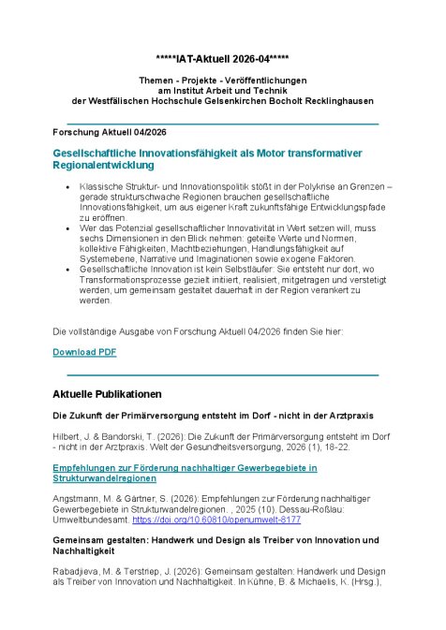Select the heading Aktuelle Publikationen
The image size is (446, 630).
(x=107, y=393)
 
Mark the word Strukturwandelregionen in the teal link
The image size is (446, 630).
(x=104, y=477)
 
